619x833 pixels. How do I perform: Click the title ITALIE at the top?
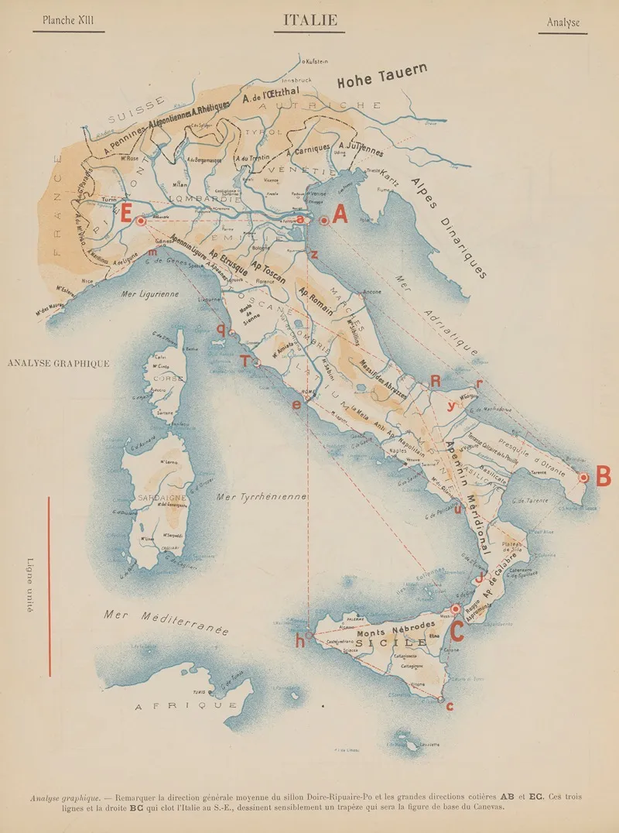(x=309, y=20)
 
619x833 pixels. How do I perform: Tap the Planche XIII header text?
(x=68, y=21)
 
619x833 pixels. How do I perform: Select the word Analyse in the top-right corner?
(x=563, y=22)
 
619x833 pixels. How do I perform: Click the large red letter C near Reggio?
(x=457, y=632)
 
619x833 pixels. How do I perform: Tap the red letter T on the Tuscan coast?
(x=245, y=362)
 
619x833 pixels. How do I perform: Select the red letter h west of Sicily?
(x=299, y=641)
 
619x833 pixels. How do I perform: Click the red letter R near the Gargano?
(x=436, y=381)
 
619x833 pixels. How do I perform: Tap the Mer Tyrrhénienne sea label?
(x=263, y=496)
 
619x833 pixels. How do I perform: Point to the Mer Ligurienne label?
(x=149, y=294)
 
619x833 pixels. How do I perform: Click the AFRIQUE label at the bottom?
(x=186, y=706)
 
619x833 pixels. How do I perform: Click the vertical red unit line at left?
(x=50, y=585)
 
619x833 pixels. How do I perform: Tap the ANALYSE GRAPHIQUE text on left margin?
(x=57, y=362)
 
